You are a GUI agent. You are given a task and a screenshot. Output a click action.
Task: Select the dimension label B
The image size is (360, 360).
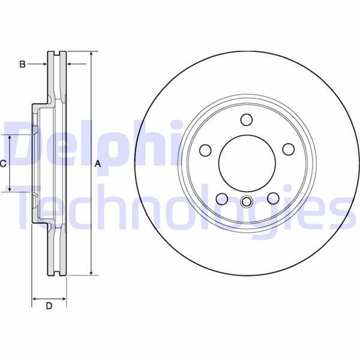pos(22,64)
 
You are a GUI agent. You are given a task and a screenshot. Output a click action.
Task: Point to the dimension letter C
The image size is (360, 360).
pos(3,163)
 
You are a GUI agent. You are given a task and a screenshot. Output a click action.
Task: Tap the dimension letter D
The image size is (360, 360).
pos(49,307)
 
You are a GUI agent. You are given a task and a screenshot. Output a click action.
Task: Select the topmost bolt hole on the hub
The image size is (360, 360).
pos(246,119)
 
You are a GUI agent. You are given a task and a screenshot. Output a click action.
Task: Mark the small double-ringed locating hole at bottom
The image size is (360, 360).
pos(246,201)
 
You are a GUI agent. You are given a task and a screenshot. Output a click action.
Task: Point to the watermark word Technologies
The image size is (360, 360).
pos(180,207)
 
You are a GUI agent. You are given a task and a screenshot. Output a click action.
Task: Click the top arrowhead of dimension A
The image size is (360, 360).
pos(91,54)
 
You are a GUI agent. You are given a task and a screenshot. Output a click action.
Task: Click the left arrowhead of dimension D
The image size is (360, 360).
pos(34,298)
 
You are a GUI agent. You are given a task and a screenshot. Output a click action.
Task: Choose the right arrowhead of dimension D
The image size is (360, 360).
pos(64,298)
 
